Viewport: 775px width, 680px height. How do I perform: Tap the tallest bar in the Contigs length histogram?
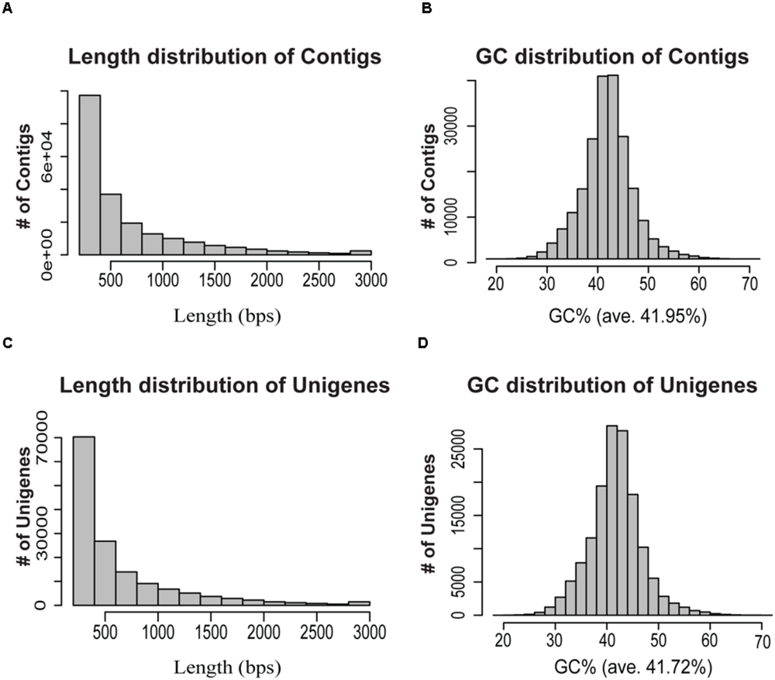coord(89,174)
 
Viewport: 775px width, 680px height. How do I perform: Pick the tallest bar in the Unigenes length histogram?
coord(84,519)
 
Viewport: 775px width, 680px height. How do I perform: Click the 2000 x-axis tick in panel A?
coord(267,278)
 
